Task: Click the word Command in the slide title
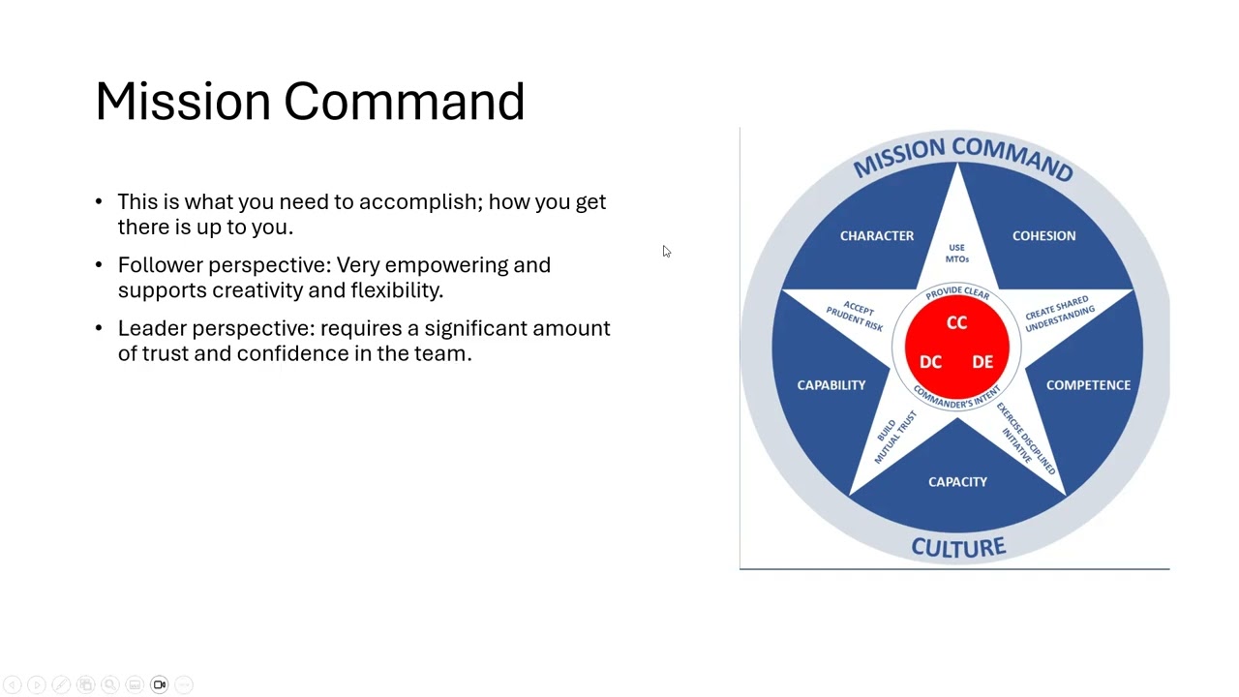click(x=404, y=102)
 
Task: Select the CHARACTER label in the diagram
click(x=876, y=235)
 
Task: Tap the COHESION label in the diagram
click(x=1043, y=235)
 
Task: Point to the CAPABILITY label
click(x=831, y=385)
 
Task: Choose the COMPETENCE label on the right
click(x=1088, y=385)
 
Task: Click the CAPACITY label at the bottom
click(x=957, y=481)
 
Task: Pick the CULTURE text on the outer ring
click(x=958, y=548)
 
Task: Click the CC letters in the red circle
click(x=956, y=323)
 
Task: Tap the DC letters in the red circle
click(x=930, y=362)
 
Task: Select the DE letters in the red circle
click(x=982, y=362)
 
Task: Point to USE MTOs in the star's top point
click(x=956, y=254)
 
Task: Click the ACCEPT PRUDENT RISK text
click(x=856, y=315)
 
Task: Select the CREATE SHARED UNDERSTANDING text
click(x=1059, y=315)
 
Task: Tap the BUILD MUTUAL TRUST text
click(x=894, y=437)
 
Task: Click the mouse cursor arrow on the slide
click(x=666, y=252)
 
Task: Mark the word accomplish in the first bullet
click(x=420, y=201)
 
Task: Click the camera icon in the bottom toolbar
click(x=160, y=685)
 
